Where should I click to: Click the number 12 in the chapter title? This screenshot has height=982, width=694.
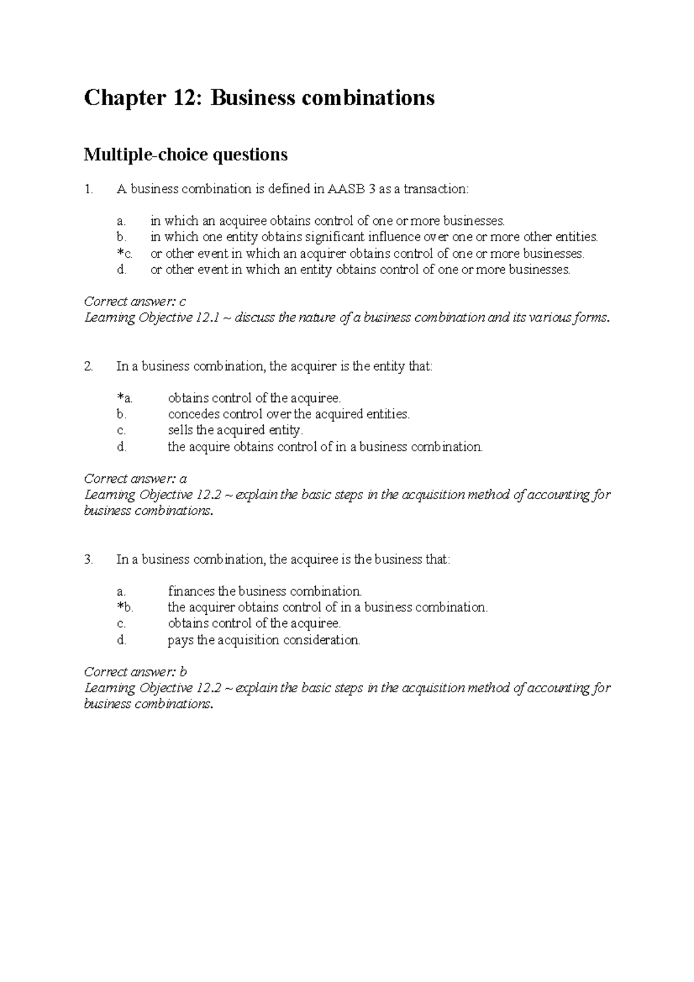187,98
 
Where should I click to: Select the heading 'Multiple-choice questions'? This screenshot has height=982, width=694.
185,154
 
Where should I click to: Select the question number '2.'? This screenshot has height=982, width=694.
88,366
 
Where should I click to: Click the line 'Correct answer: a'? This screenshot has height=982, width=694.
135,479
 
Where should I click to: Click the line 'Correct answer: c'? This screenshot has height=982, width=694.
135,301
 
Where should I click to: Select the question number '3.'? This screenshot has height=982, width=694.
88,559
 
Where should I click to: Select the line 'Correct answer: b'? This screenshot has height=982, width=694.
135,672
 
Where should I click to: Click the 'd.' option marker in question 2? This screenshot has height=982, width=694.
121,446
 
